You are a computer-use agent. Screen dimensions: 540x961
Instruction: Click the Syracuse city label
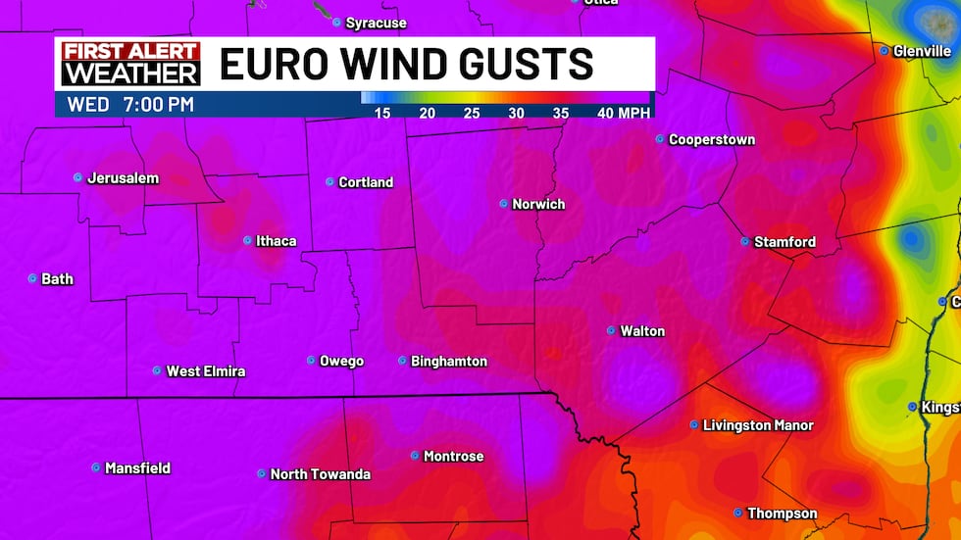tap(377, 23)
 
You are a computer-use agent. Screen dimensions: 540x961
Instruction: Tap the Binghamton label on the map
tap(449, 362)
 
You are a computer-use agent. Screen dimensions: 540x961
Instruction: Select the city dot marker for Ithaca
tap(247, 240)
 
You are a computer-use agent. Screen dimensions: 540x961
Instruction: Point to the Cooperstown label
tap(712, 140)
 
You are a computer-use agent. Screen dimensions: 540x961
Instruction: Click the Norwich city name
tap(538, 205)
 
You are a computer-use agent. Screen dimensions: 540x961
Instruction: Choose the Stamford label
tap(784, 242)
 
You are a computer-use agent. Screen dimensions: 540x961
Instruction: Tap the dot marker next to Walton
tap(611, 331)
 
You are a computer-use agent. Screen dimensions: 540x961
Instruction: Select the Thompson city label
tap(782, 514)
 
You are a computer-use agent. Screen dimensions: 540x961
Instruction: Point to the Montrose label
tap(453, 457)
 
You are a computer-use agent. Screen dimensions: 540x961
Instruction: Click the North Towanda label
tap(321, 474)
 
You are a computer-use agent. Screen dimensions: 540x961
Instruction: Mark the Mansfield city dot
tap(96, 468)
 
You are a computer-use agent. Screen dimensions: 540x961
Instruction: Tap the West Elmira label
tap(206, 371)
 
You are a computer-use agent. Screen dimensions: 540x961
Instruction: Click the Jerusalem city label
tap(123, 178)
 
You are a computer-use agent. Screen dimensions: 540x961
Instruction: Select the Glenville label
tap(922, 51)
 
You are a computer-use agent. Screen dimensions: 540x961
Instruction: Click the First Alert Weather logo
tap(130, 64)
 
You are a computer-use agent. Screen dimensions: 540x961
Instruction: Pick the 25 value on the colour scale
tap(472, 113)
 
